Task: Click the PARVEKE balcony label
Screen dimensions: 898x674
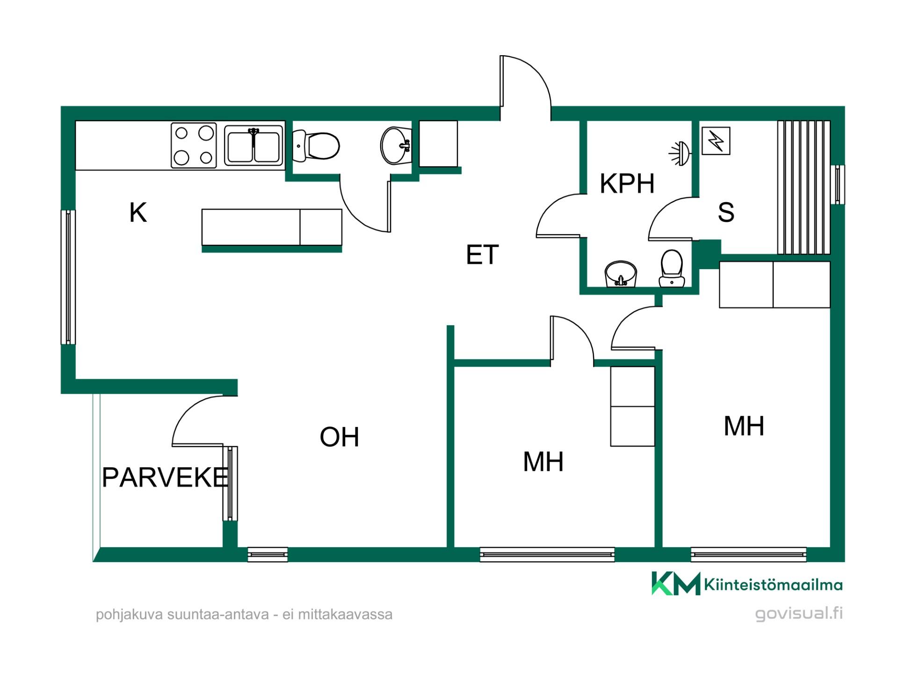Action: [x=165, y=477]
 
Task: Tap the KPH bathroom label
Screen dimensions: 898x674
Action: [x=627, y=183]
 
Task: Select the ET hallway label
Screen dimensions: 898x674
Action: [x=482, y=255]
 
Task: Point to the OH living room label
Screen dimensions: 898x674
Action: [x=339, y=437]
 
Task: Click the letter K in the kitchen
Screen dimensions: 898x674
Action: [x=138, y=212]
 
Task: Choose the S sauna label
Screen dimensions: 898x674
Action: [x=726, y=212]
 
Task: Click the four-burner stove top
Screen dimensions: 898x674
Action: [x=194, y=145]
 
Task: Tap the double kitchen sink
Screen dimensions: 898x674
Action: [x=254, y=145]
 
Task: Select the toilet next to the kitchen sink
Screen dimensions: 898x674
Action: [x=316, y=146]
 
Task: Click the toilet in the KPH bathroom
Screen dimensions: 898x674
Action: [x=672, y=269]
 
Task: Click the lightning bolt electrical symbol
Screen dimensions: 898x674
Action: [x=716, y=141]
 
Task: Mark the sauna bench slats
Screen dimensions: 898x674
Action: [x=804, y=187]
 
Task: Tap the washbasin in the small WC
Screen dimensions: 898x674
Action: [x=396, y=146]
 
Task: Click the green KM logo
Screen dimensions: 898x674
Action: [x=676, y=583]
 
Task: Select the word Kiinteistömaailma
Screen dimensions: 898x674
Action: [x=773, y=585]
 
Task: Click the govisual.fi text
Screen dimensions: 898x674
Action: [x=799, y=613]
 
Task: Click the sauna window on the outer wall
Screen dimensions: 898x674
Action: [x=838, y=184]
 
